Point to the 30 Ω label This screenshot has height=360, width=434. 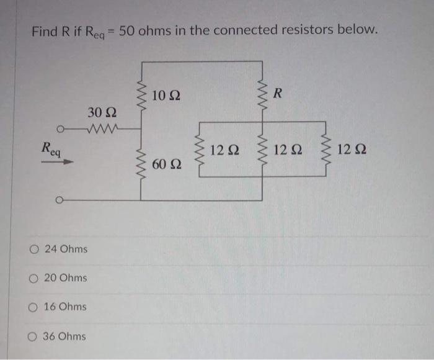[102, 114]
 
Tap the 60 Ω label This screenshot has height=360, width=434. [166, 164]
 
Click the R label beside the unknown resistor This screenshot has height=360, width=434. [277, 94]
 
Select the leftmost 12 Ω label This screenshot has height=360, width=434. [224, 150]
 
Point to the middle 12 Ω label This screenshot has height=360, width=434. [287, 150]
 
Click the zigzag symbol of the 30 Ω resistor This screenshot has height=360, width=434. [100, 131]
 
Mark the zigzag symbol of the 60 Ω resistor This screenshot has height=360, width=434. [141, 164]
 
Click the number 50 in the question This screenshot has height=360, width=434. [128, 30]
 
